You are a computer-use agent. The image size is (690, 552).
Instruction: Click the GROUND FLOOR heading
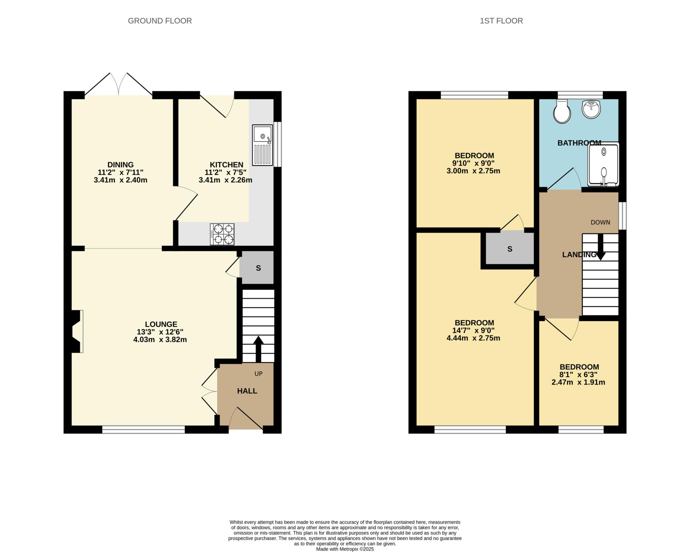(x=160, y=21)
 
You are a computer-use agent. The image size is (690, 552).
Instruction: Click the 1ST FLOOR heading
(x=501, y=21)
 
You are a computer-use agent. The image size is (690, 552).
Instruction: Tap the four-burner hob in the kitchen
(x=222, y=234)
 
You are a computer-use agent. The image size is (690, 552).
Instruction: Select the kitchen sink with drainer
(x=262, y=145)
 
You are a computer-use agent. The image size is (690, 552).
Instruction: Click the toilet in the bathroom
(x=562, y=113)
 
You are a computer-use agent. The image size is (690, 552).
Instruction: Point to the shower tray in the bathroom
(x=603, y=164)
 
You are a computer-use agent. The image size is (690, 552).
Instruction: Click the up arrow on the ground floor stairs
(x=258, y=348)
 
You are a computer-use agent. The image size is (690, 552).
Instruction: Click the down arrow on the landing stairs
(x=600, y=247)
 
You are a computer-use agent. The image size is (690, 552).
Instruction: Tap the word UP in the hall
(x=258, y=374)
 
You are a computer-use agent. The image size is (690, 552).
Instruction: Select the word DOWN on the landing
(x=600, y=222)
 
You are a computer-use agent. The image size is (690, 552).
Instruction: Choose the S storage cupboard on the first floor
(x=509, y=249)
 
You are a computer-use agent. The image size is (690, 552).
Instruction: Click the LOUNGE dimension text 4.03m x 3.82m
(x=160, y=340)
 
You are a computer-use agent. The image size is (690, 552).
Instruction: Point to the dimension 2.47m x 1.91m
(x=578, y=382)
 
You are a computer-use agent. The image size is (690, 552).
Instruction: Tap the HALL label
(x=247, y=391)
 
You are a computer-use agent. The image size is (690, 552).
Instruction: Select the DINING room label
(x=120, y=165)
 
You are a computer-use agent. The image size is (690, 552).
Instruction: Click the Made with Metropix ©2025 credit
(x=345, y=549)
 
